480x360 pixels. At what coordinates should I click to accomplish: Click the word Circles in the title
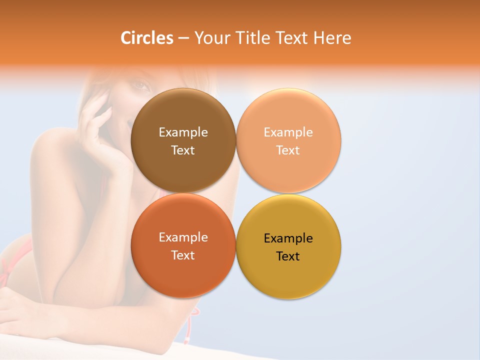[146, 38]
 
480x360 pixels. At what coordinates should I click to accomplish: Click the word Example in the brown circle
[183, 132]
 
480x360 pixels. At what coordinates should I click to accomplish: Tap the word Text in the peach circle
[288, 150]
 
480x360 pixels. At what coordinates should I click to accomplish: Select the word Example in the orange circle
[183, 237]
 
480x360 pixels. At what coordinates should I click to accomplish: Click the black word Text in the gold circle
[288, 256]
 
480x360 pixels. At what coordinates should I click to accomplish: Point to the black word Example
[288, 238]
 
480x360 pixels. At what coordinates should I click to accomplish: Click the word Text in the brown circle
[183, 150]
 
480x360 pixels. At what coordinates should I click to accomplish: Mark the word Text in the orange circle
[183, 255]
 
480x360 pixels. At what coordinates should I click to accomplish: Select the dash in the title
[183, 38]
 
